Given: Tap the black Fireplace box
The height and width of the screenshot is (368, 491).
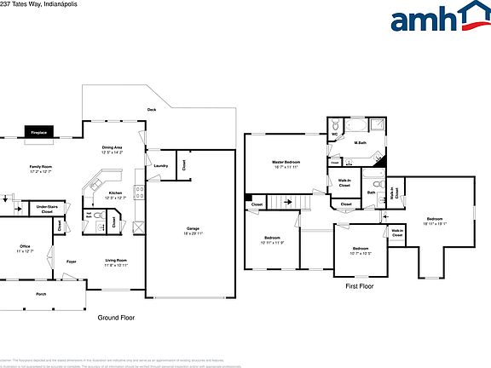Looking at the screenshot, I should (x=38, y=133).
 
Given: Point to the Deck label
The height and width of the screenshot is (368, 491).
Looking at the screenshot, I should (x=152, y=109).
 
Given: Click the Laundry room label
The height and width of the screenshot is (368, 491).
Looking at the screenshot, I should (x=159, y=166).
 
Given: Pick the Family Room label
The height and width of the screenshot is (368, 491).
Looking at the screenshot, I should (x=40, y=169).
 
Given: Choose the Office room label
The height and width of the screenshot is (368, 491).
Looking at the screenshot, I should (x=25, y=248).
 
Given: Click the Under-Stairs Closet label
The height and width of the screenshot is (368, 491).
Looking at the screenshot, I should (x=47, y=208).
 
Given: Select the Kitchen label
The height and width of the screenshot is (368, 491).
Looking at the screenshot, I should (x=115, y=195).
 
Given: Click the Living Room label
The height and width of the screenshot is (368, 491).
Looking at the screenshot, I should (x=116, y=262).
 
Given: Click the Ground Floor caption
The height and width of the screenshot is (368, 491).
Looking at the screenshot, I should (x=116, y=317).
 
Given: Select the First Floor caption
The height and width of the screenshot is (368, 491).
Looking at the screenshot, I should (x=360, y=287).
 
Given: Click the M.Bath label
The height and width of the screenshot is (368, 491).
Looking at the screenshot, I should (x=361, y=143).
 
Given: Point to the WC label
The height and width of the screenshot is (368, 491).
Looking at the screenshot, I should (x=335, y=134).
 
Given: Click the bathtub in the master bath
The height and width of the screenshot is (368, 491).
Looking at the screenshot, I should (x=356, y=124).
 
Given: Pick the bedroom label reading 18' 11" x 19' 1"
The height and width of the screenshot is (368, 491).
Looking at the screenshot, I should (x=436, y=221).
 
